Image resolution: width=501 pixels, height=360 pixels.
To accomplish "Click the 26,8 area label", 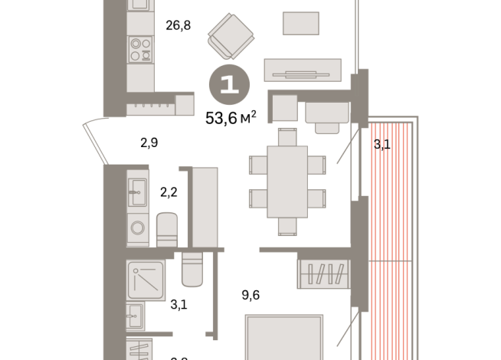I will pos(178,25).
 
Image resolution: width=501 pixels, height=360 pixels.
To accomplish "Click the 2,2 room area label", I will pos(169,192).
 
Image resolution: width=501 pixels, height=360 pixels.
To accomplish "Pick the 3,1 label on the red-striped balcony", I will pos(381,143).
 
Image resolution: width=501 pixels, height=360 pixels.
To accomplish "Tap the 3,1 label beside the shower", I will pos(178,305).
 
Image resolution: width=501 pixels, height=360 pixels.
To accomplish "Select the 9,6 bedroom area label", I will pos(250,294).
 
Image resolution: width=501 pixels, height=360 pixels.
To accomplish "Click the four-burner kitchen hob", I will pos(139,50).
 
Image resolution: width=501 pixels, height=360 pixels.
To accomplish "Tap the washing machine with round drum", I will pos(139,227).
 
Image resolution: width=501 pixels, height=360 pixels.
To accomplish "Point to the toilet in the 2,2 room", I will pos(168,228).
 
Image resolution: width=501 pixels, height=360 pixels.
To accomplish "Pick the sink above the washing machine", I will pos(139,190).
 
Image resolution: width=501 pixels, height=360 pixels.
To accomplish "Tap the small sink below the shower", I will pos(135,315).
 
